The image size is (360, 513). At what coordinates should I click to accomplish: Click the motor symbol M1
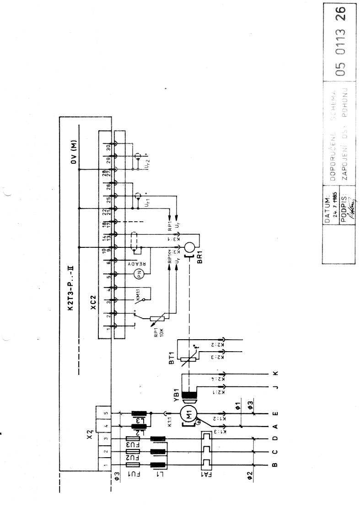(x=188, y=415)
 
